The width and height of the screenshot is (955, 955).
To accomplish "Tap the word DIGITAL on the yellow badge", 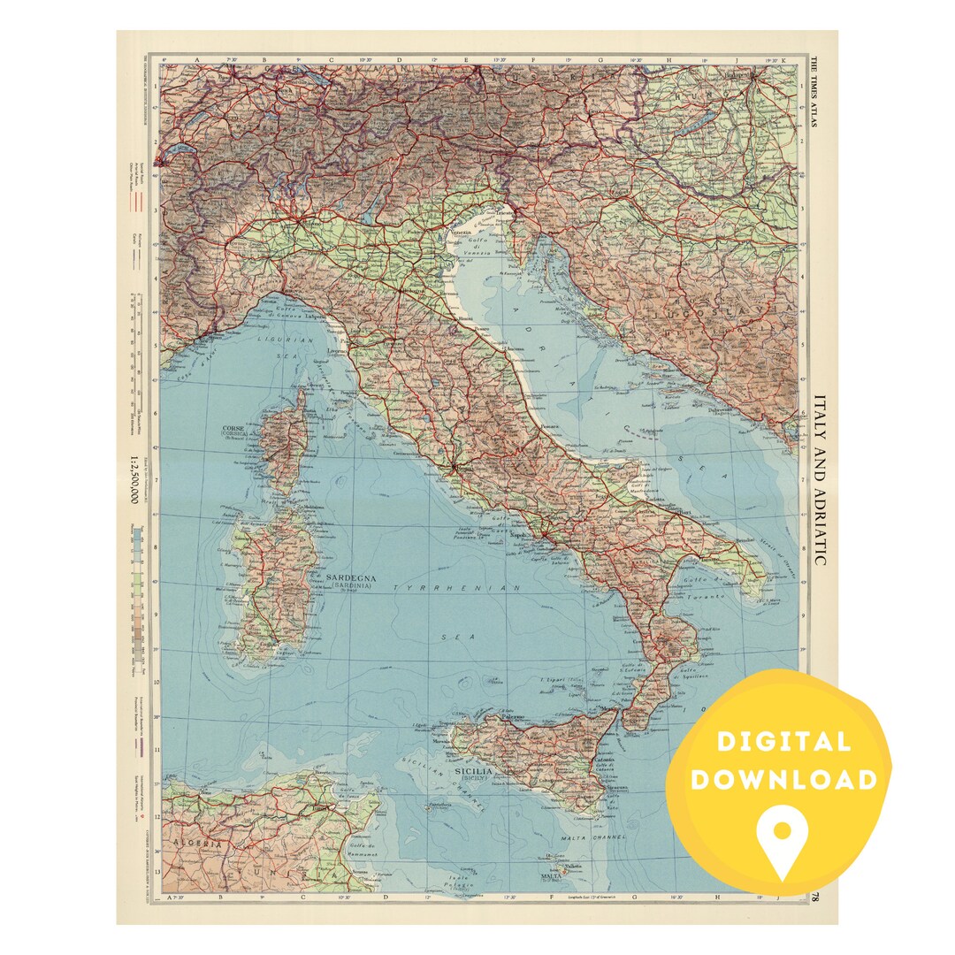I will (783, 742).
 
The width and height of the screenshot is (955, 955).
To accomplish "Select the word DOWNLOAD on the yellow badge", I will (783, 779).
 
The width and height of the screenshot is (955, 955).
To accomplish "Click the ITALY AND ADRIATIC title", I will (820, 480).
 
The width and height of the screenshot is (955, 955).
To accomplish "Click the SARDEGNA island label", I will (351, 579).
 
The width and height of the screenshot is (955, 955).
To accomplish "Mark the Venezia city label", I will (462, 233).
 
